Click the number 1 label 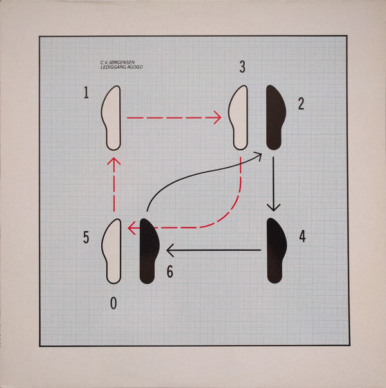coord(86,93)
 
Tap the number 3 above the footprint coord(242,66)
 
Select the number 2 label coord(301,104)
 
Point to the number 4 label coord(302,237)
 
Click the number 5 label coord(86,237)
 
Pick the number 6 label coord(169,272)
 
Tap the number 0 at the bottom coord(113,302)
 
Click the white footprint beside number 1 coord(112,118)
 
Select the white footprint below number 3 coord(240,117)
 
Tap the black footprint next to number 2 coord(273,117)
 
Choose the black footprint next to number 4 coord(276,251)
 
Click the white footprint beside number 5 coord(112,251)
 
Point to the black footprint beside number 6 coord(149,251)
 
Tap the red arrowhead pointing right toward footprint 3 coord(217,118)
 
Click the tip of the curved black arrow coord(260,154)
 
